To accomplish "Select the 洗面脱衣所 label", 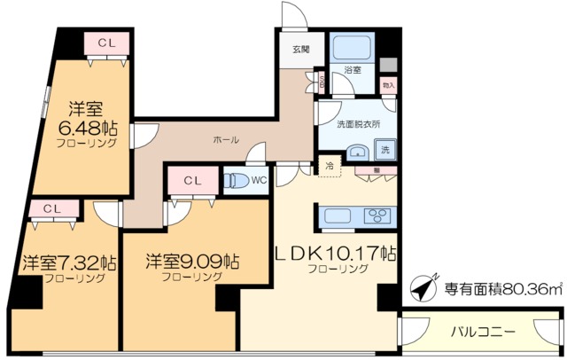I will pos(359,124).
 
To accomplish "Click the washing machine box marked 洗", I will pos(387,150).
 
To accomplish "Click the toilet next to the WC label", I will pos(237,181).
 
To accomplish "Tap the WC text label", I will pos(259,181).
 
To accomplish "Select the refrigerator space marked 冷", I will pos(329,165).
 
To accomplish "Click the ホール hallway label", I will pos(225,140).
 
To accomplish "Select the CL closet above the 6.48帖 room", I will pos(105,43).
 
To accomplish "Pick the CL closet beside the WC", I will pos(192,181).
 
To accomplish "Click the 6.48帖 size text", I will pos(88,127).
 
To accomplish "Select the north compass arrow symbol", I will pos(422,290).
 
